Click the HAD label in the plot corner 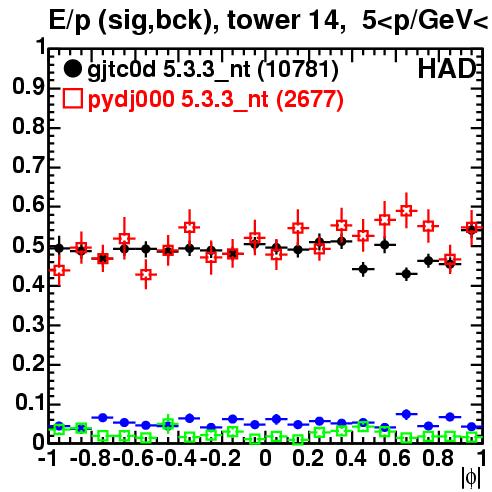pyautogui.click(x=447, y=69)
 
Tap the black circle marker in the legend pyautogui.click(x=72, y=69)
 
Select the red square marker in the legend pyautogui.click(x=73, y=99)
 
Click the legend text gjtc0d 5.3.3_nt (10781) pyautogui.click(x=213, y=70)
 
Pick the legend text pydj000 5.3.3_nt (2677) pyautogui.click(x=216, y=100)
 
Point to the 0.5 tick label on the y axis pyautogui.click(x=28, y=246)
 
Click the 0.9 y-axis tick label pyautogui.click(x=28, y=87)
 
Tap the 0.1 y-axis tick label pyautogui.click(x=30, y=402)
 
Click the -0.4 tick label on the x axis pyautogui.click(x=176, y=458)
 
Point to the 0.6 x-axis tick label pyautogui.click(x=394, y=458)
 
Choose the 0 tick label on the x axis pyautogui.click(x=265, y=458)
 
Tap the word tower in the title pyautogui.click(x=264, y=21)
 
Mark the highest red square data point pyautogui.click(x=406, y=211)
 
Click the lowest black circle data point pyautogui.click(x=406, y=274)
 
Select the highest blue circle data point pyautogui.click(x=406, y=414)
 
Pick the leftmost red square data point pyautogui.click(x=59, y=270)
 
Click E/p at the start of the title pyautogui.click(x=69, y=21)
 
